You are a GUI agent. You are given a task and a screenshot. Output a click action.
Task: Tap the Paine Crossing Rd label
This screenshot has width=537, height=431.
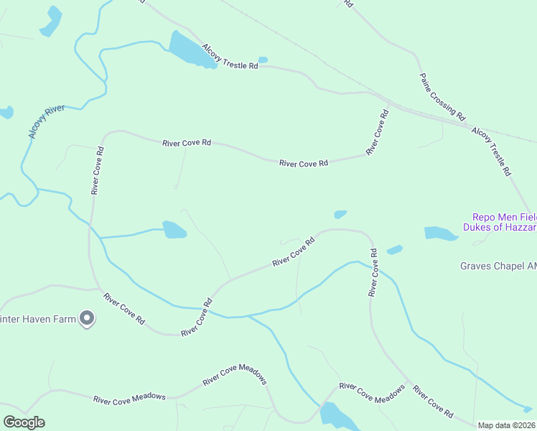tap(443, 96)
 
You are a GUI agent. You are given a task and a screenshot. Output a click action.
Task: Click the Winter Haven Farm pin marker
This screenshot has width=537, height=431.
tap(87, 318)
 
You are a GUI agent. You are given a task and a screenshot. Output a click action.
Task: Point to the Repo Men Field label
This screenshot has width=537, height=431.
tap(504, 216)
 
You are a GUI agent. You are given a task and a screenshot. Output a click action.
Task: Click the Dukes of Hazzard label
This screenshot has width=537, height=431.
tap(504, 227)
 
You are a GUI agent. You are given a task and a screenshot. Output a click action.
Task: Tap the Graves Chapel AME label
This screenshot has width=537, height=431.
tap(498, 266)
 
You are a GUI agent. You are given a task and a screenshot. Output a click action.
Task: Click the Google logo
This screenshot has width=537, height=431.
tap(24, 422)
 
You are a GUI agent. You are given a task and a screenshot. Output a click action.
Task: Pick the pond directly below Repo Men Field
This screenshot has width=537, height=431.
tap(440, 233)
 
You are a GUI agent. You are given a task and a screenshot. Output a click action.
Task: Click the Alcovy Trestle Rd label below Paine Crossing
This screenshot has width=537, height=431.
tap(491, 152)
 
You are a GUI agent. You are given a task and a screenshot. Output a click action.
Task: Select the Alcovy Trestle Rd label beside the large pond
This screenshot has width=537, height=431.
tap(230, 56)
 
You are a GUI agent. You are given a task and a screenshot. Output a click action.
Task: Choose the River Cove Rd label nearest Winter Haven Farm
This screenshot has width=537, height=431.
tap(123, 308)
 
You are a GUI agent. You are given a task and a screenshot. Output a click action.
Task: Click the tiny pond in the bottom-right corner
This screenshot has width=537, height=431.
tap(528, 409)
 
